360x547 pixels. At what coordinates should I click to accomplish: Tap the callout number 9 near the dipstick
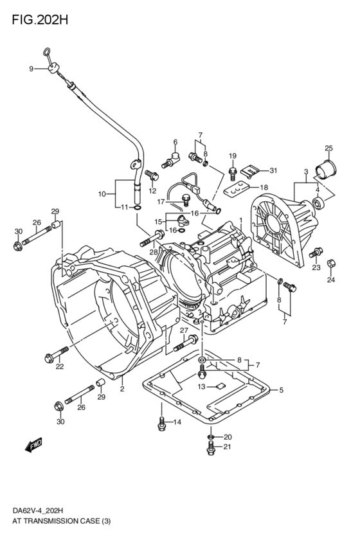click(30, 69)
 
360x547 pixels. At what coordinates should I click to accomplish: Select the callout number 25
click(328, 148)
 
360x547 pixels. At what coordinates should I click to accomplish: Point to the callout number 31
click(273, 170)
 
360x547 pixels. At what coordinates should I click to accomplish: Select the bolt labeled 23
click(317, 252)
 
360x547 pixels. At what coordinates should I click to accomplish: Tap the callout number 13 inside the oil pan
click(201, 386)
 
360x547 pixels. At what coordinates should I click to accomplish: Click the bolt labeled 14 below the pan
click(161, 423)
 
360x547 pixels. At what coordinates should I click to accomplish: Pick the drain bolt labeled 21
click(210, 450)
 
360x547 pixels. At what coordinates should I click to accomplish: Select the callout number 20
click(227, 437)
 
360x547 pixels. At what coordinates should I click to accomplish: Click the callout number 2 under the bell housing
click(122, 389)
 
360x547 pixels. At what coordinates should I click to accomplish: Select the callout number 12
click(152, 190)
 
